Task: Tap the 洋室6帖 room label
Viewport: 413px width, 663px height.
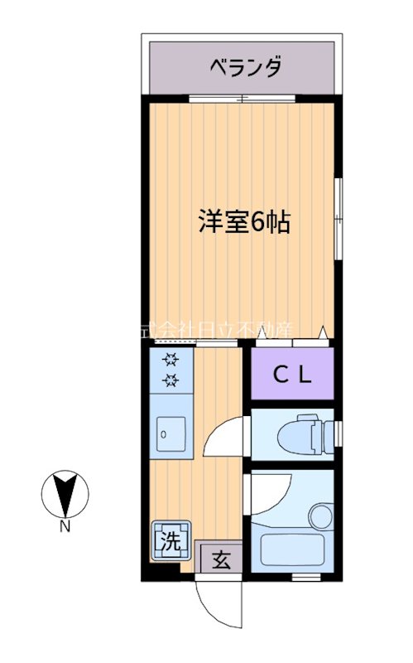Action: tap(243, 222)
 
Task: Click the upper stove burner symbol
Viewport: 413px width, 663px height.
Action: tap(171, 360)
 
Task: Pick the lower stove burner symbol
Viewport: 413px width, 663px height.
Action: tap(171, 380)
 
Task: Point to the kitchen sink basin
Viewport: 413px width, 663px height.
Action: tap(171, 433)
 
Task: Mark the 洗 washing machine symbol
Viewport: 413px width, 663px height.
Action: tap(170, 541)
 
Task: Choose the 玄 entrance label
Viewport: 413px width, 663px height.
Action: tap(221, 559)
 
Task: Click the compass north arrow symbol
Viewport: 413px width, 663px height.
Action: tap(65, 495)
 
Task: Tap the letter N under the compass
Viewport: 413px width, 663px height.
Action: tap(65, 525)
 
